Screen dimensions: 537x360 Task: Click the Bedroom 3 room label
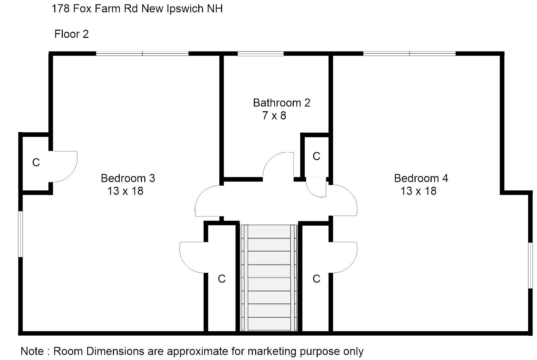tap(128, 178)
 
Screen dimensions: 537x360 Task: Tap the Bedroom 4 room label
tap(421, 178)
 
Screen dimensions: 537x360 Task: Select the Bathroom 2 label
tap(282, 103)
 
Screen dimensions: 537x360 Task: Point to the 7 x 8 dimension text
tap(274, 116)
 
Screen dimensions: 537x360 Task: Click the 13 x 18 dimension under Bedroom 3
tap(125, 191)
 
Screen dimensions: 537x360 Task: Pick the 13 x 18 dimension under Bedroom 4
tap(418, 191)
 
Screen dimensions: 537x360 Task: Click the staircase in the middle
tap(269, 278)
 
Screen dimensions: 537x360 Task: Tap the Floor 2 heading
tap(71, 34)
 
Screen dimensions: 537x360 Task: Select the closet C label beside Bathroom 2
tap(317, 156)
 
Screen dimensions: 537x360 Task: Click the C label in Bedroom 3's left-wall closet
tap(36, 163)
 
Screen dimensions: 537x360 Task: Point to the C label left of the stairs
tap(222, 279)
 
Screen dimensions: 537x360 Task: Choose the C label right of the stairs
tap(317, 279)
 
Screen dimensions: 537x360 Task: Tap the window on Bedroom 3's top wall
tap(142, 54)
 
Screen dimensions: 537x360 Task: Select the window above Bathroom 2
tap(261, 54)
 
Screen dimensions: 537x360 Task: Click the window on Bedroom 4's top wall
tap(409, 54)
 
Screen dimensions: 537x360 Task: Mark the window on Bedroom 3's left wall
tap(20, 234)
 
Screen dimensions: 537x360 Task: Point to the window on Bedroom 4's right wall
tap(531, 265)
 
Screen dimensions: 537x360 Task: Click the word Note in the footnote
tap(32, 351)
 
